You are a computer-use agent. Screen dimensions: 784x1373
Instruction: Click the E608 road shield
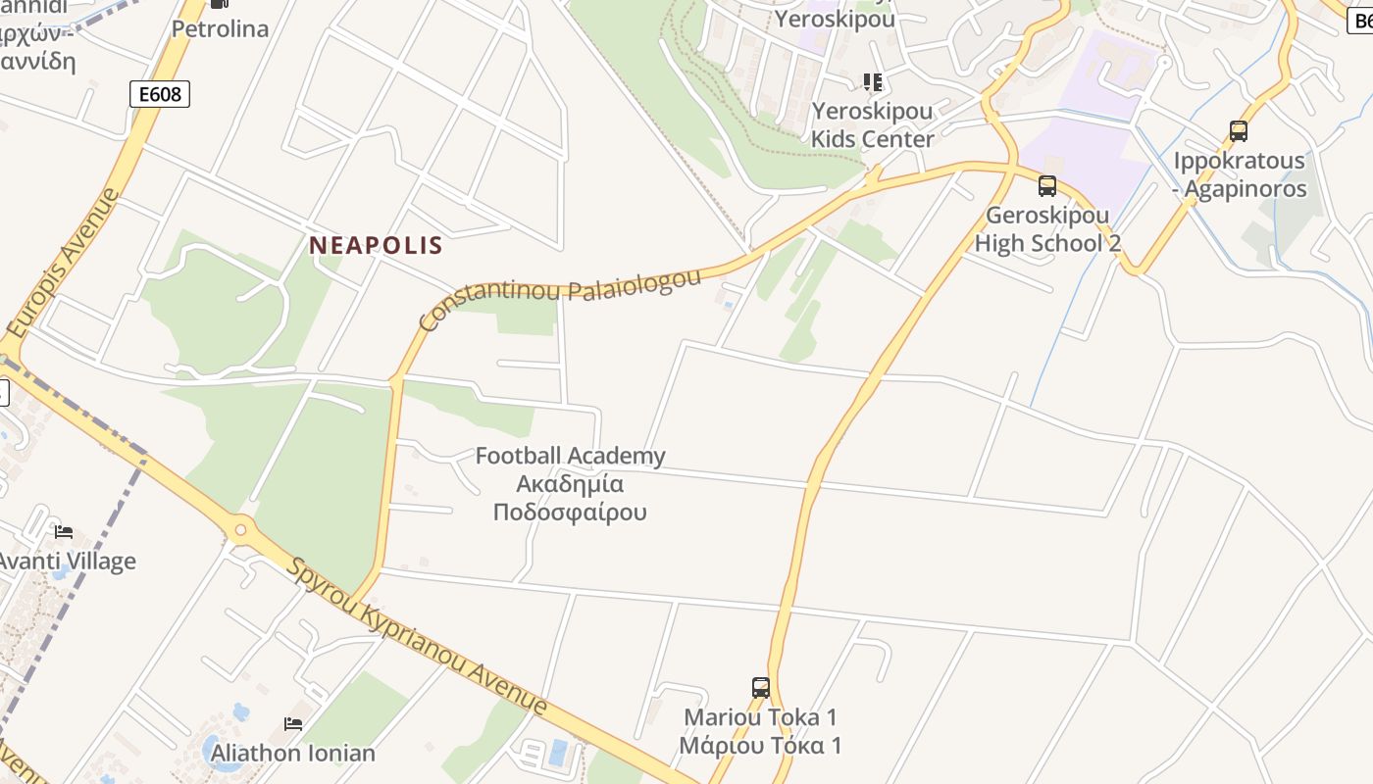click(x=159, y=94)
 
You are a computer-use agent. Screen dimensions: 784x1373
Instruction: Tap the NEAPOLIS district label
click(x=377, y=246)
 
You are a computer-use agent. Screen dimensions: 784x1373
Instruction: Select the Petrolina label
click(x=220, y=28)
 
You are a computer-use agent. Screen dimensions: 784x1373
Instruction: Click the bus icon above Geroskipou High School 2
click(x=1047, y=185)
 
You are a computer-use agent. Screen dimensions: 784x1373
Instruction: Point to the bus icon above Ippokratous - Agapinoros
click(x=1239, y=130)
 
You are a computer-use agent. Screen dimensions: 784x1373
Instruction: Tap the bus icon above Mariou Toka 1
click(x=761, y=687)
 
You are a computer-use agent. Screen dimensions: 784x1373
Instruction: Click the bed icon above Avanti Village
click(x=64, y=531)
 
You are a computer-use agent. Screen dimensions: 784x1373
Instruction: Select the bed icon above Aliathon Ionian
click(x=293, y=723)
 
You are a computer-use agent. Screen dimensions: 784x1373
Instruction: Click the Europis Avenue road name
click(x=62, y=263)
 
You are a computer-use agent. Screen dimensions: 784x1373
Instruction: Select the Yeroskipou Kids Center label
click(x=872, y=124)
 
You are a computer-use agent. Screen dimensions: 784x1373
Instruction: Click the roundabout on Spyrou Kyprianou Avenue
click(x=239, y=530)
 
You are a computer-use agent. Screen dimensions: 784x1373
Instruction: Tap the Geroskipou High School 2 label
click(x=1047, y=229)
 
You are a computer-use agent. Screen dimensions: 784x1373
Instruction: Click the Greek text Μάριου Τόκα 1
click(x=762, y=745)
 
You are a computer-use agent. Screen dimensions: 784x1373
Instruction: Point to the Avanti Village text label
click(x=66, y=562)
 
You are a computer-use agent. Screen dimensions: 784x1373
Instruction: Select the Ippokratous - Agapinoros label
click(x=1241, y=174)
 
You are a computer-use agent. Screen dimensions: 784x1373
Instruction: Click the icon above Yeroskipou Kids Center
click(x=872, y=81)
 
